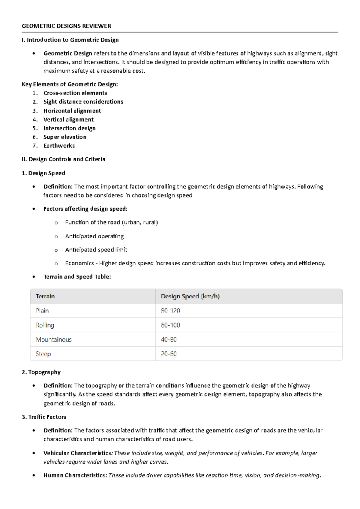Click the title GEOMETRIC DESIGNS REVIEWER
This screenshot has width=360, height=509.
click(66, 26)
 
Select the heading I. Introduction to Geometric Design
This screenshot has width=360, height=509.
click(70, 40)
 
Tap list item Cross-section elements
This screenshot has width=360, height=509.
click(75, 93)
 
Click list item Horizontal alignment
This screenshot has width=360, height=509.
click(72, 111)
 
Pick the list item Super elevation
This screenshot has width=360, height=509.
click(65, 137)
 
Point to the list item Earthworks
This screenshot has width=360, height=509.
click(59, 146)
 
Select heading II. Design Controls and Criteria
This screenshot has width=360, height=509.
click(63, 159)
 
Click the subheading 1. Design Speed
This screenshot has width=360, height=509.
click(43, 173)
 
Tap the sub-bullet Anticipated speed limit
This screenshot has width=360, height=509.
click(96, 250)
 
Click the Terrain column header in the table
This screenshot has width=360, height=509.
click(45, 296)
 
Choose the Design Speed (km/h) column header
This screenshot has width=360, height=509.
click(190, 296)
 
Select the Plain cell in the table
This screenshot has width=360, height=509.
click(42, 311)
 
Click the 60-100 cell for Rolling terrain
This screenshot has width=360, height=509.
click(170, 325)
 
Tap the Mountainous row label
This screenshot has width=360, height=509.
click(54, 339)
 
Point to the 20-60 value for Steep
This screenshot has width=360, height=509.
click(169, 354)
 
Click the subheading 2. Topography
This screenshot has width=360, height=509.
click(41, 372)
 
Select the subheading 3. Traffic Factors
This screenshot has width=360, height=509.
click(44, 417)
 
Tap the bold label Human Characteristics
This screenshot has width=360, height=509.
click(75, 475)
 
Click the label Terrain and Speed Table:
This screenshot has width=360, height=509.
click(77, 277)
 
